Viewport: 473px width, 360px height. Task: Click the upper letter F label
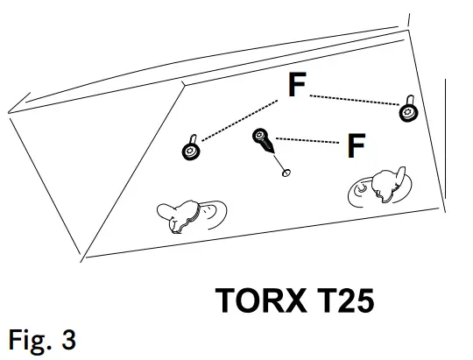[x=297, y=85]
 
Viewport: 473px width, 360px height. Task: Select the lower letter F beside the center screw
[x=355, y=145]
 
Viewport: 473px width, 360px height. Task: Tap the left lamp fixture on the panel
[x=188, y=214]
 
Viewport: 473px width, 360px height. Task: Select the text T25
[x=342, y=300]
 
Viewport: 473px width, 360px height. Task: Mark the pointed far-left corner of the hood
[x=8, y=111]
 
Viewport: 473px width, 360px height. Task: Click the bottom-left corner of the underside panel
[x=86, y=257]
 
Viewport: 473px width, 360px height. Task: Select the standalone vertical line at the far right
[x=447, y=149]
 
